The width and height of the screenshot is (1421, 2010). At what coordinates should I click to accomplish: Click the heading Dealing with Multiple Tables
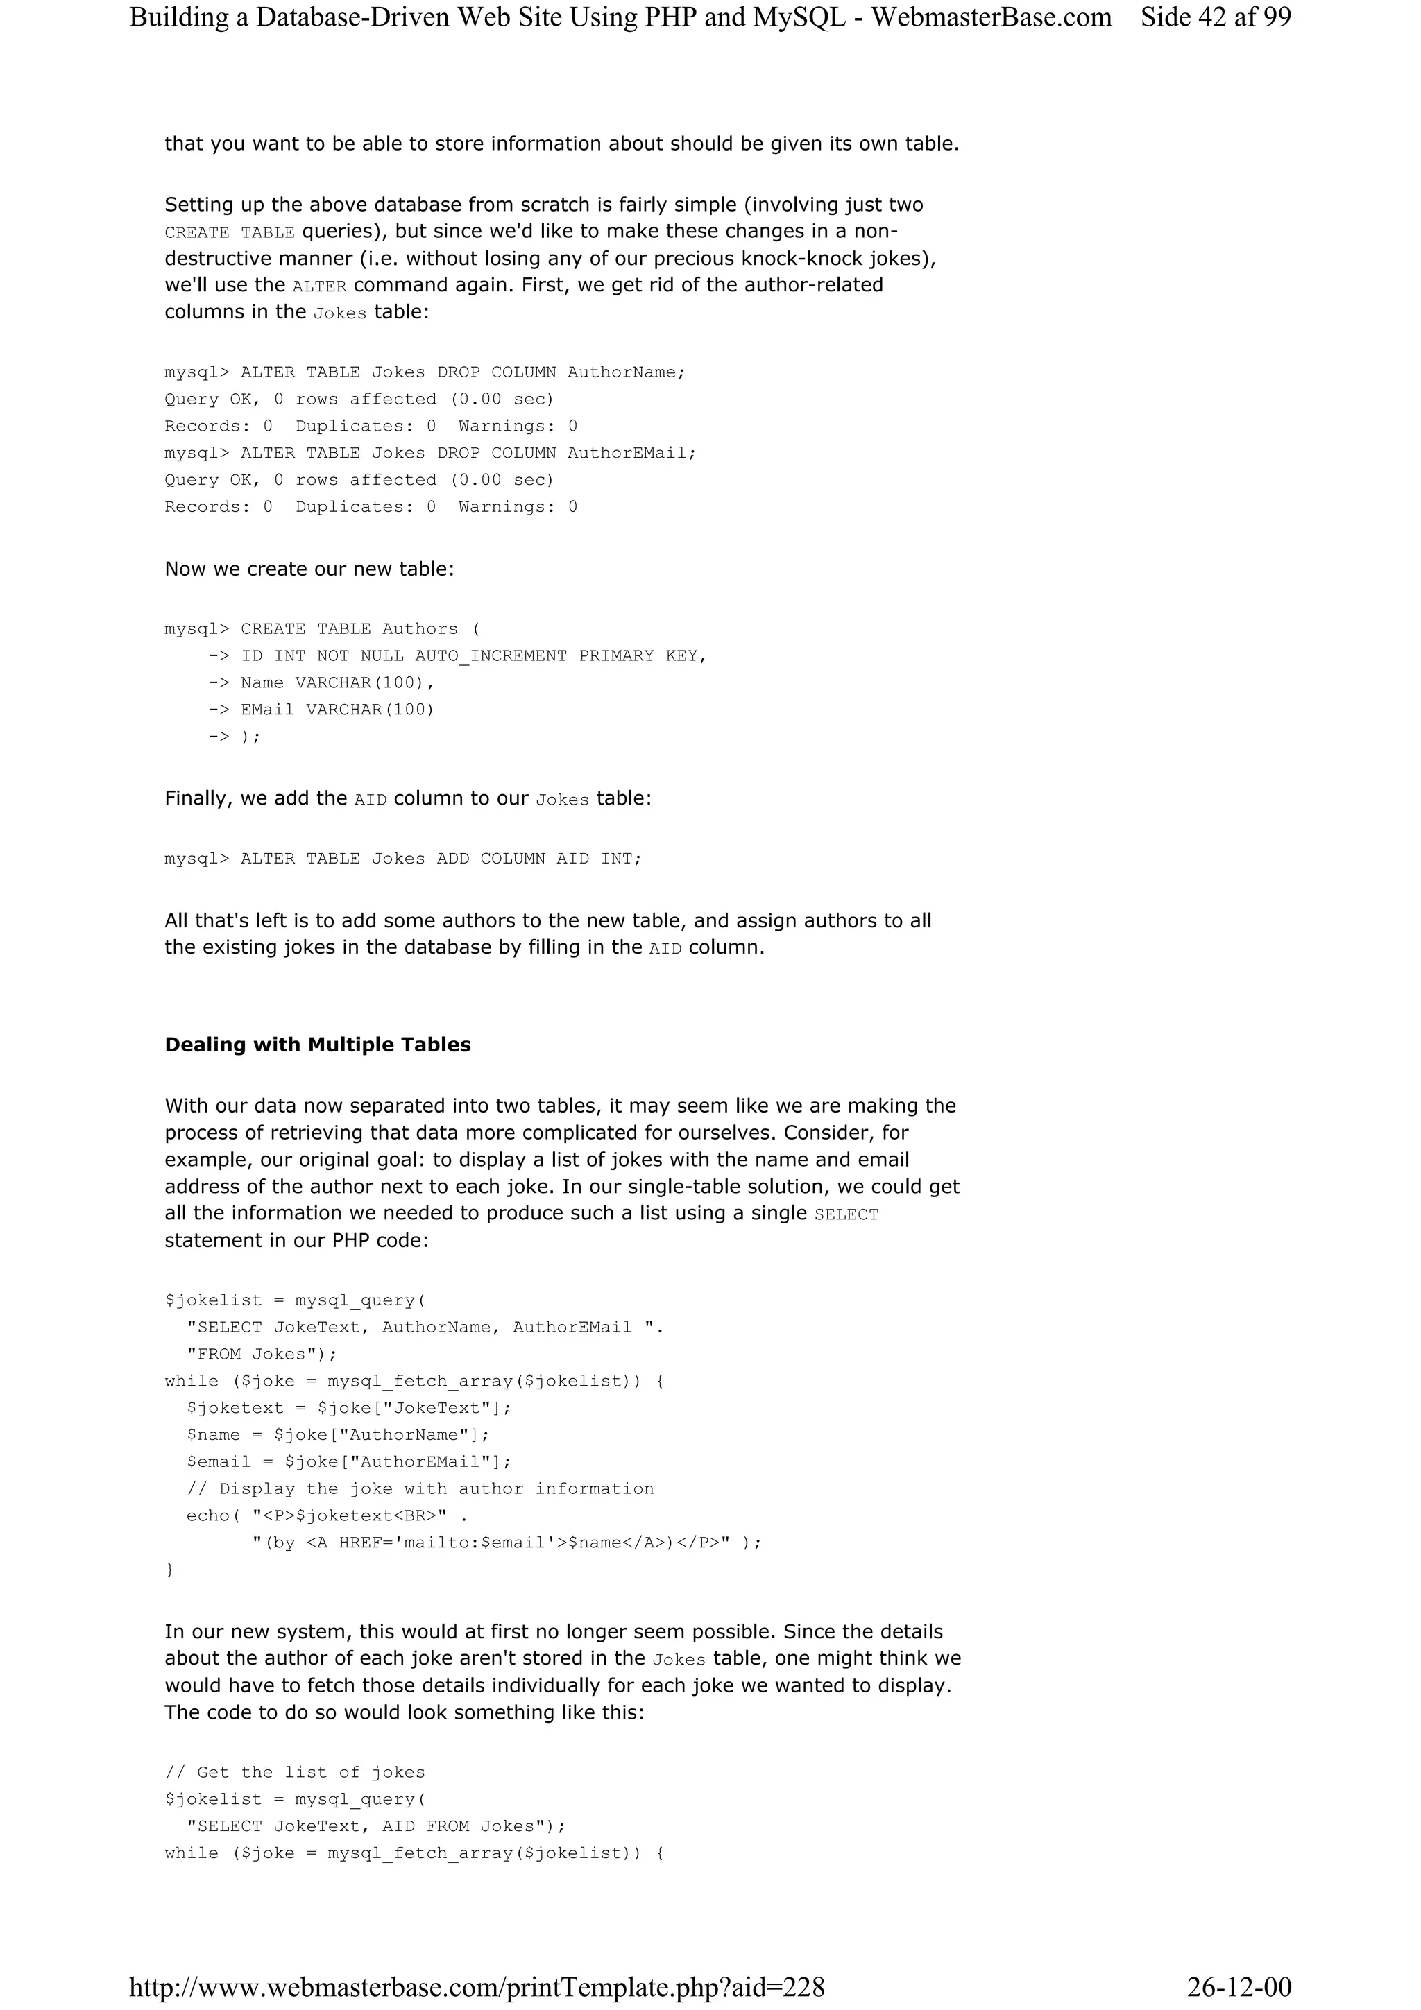[x=317, y=1045]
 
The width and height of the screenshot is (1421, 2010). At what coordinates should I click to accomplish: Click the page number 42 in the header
[x=1211, y=17]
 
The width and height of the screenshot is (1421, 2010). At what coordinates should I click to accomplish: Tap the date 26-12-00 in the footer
[x=1239, y=1986]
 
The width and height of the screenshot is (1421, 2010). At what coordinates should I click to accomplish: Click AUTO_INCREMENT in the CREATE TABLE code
[x=491, y=655]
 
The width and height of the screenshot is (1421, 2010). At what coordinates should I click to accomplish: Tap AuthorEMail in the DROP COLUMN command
[x=631, y=454]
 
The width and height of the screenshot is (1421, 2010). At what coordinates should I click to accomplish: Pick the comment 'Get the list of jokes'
[x=295, y=1773]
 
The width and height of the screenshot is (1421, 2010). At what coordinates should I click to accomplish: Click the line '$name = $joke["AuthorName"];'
[x=338, y=1435]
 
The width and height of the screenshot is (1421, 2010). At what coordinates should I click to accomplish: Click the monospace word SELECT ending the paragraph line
[x=846, y=1214]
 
